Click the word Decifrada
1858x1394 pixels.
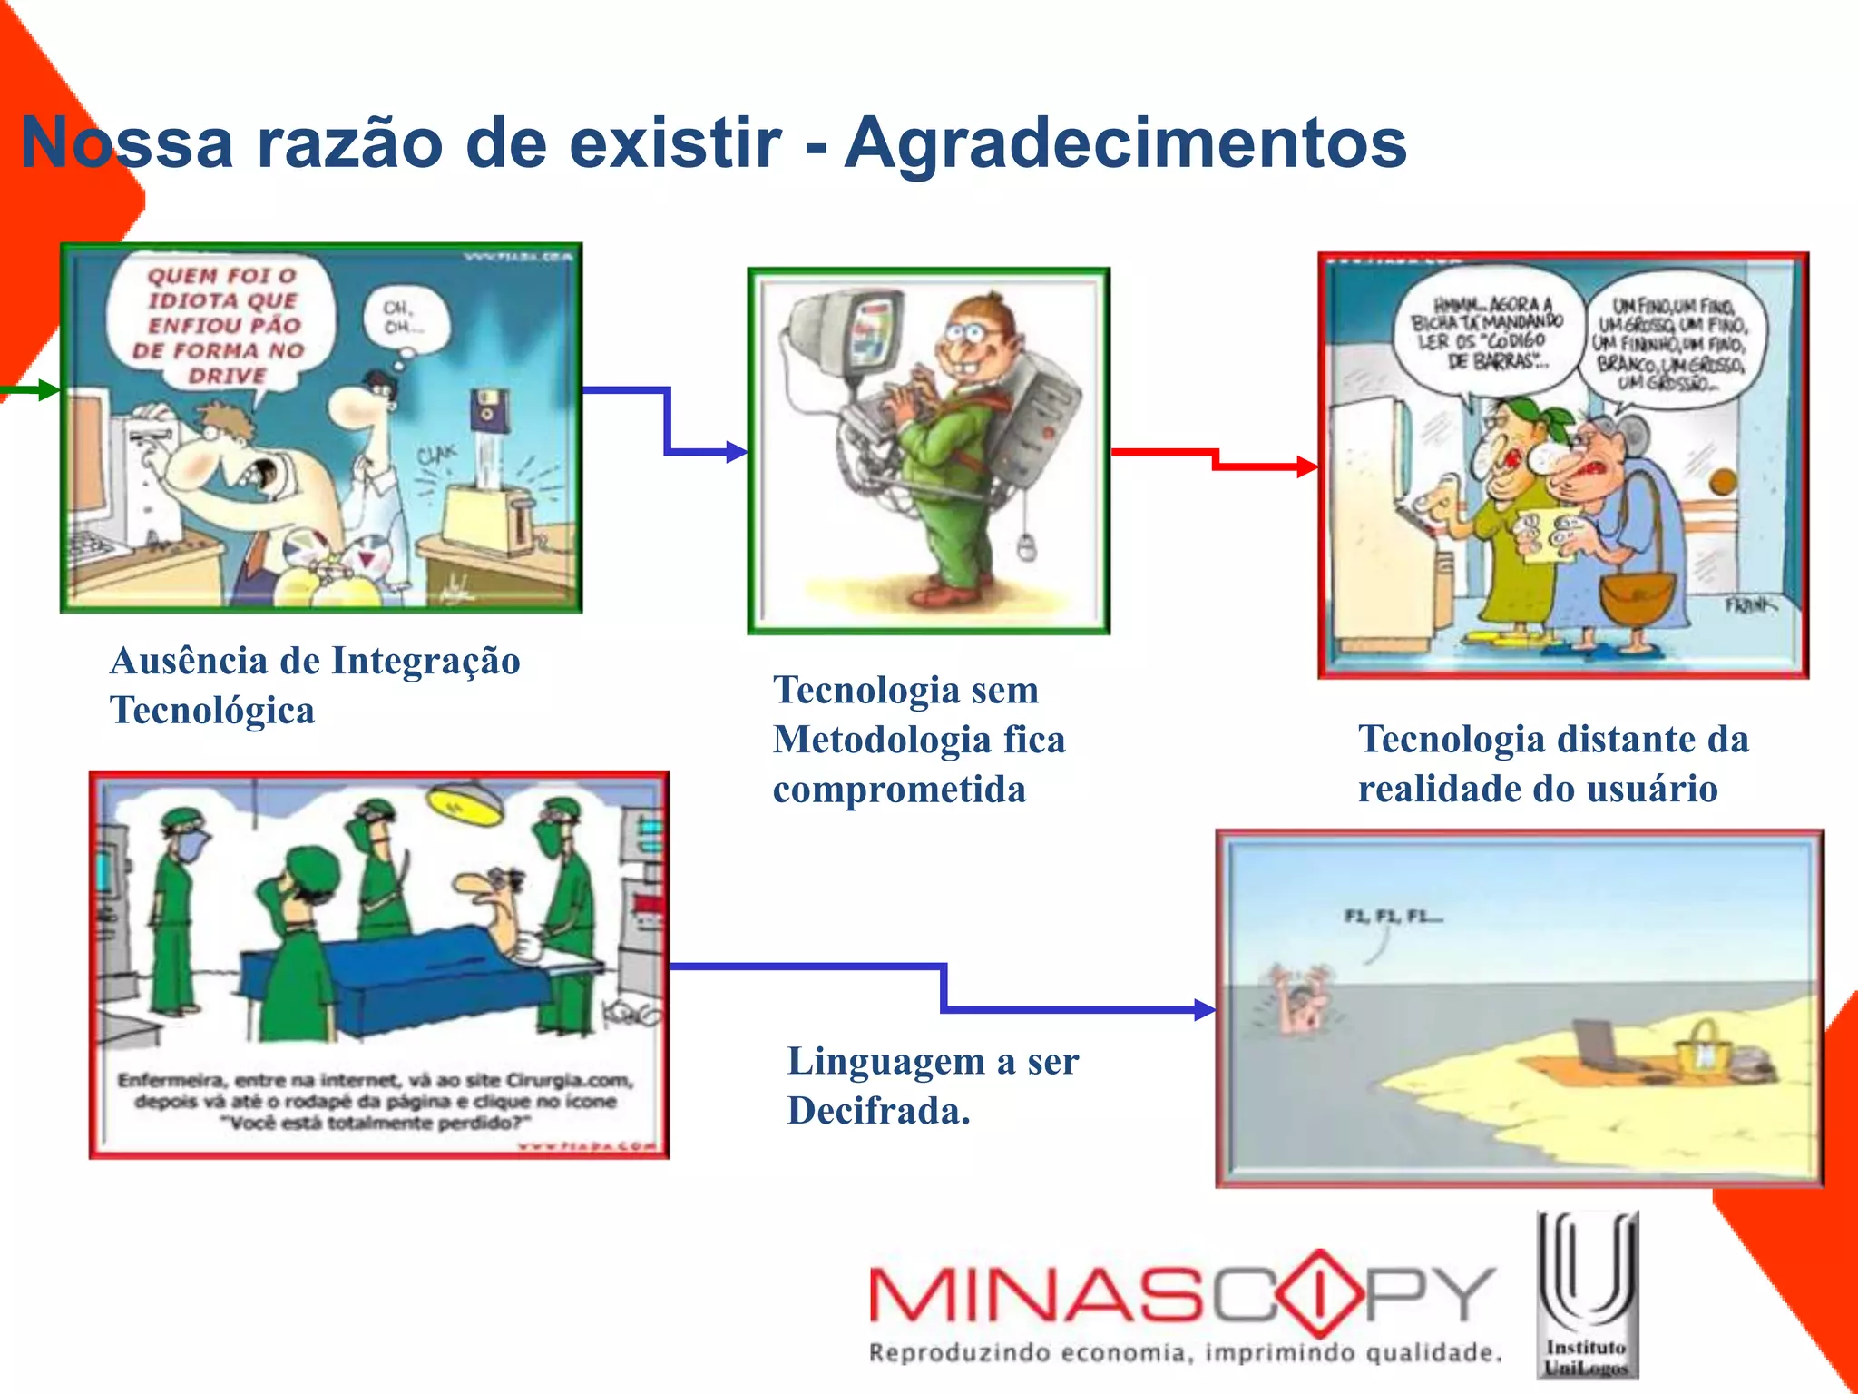(878, 1111)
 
